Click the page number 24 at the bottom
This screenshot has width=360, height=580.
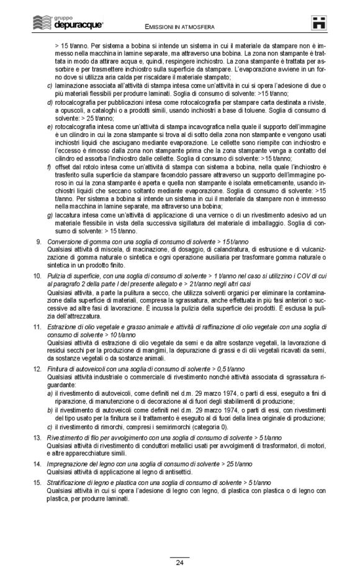coord(179,563)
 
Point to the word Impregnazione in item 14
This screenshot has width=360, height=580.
coord(70,481)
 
